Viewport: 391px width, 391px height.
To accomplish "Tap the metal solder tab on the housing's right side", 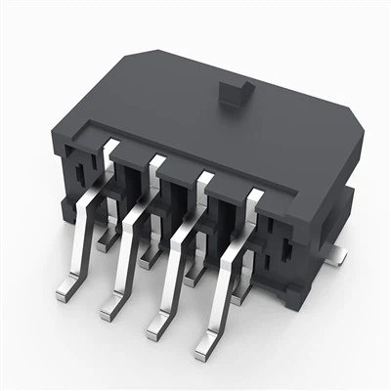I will click(x=336, y=256).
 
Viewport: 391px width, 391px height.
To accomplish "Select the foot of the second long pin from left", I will click(x=109, y=312).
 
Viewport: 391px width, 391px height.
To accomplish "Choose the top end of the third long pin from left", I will click(x=204, y=179).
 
